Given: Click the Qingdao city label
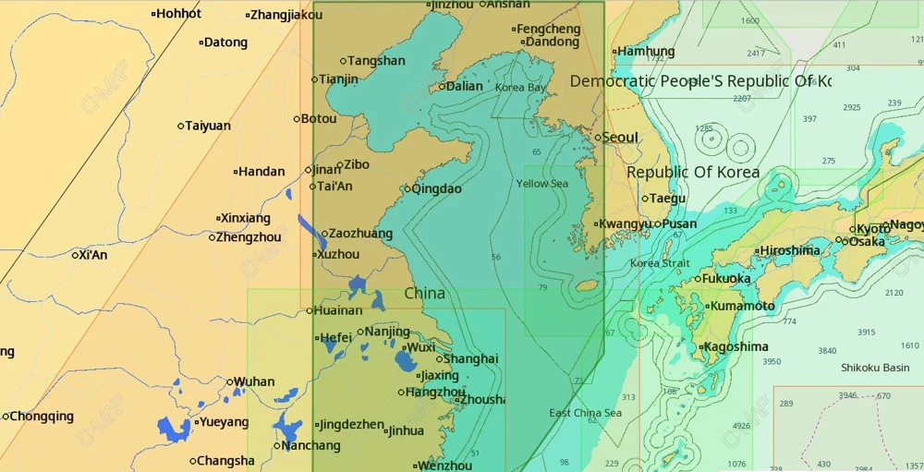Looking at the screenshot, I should pyautogui.click(x=436, y=188).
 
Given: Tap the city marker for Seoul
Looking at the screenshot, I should pyautogui.click(x=598, y=138).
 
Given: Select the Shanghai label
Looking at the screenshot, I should pyautogui.click(x=470, y=358).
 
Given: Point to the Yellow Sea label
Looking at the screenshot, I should pyautogui.click(x=542, y=184).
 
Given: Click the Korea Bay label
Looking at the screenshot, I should pyautogui.click(x=520, y=88).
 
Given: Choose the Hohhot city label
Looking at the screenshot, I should pyautogui.click(x=178, y=13).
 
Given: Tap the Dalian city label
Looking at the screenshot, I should pyautogui.click(x=464, y=86).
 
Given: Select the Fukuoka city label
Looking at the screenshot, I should pyautogui.click(x=726, y=278).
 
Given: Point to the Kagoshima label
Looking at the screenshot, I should pyautogui.click(x=736, y=347).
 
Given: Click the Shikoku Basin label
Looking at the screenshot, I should pyautogui.click(x=874, y=368).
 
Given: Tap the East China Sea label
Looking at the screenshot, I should pyautogui.click(x=585, y=413).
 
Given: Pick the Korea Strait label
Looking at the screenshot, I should pyautogui.click(x=659, y=263).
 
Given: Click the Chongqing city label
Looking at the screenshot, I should pyautogui.click(x=42, y=416).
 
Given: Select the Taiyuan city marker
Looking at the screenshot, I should pyautogui.click(x=181, y=126).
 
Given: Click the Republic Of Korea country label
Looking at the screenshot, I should pyautogui.click(x=693, y=173).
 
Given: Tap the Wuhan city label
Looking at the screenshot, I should pyautogui.click(x=253, y=381).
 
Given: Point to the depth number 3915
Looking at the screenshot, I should pyautogui.click(x=866, y=333).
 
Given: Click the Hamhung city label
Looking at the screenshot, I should pyautogui.click(x=645, y=52).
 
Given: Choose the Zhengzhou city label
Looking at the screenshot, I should pyautogui.click(x=249, y=237).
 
